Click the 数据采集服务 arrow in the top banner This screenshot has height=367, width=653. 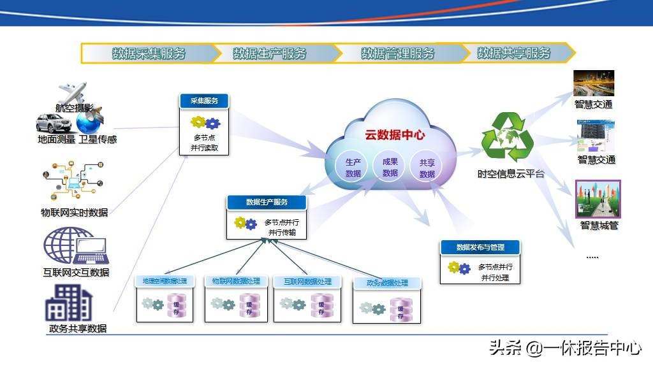[x=148, y=54]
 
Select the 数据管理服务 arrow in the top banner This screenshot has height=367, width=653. [x=397, y=54]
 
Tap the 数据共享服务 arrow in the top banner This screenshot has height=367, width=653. [x=514, y=53]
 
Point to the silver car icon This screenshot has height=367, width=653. [x=55, y=123]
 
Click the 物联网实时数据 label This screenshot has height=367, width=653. [x=75, y=213]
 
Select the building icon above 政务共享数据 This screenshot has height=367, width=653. [x=68, y=303]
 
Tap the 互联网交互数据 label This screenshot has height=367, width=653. [x=76, y=273]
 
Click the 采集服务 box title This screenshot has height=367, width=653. [x=203, y=101]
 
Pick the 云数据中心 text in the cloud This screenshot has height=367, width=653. [x=395, y=135]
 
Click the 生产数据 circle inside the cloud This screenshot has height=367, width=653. [x=353, y=168]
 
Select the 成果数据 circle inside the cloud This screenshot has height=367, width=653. [x=390, y=167]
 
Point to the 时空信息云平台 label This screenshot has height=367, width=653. [x=511, y=174]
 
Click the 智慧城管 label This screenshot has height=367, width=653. [x=599, y=225]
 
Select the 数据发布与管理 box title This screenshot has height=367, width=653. [x=480, y=247]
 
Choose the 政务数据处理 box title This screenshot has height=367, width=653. [x=387, y=283]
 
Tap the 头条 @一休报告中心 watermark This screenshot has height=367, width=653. [x=564, y=348]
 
